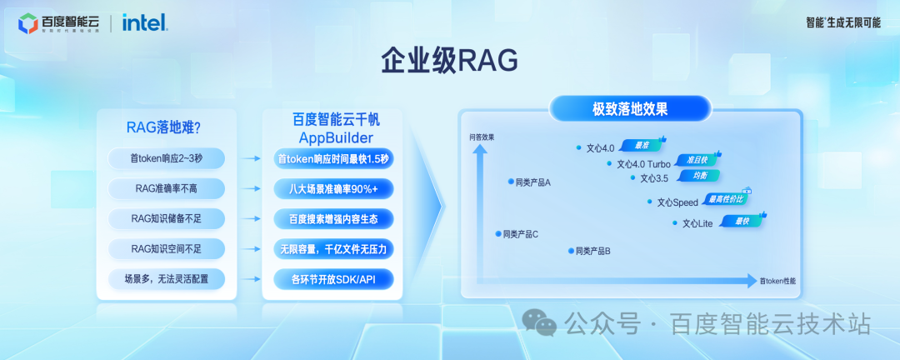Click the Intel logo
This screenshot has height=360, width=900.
(x=144, y=22)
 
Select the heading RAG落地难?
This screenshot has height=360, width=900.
(x=164, y=127)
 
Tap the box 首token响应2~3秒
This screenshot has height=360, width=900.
(x=166, y=157)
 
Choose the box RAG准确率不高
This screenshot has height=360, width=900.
(x=166, y=187)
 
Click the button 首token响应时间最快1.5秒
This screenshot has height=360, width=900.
(x=333, y=158)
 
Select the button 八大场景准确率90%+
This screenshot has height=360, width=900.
(x=333, y=188)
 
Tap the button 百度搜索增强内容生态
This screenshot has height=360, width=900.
(x=333, y=218)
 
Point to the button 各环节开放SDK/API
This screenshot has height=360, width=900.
(x=333, y=279)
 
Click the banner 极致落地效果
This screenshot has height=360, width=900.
(x=630, y=108)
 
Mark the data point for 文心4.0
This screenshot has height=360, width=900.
(x=579, y=148)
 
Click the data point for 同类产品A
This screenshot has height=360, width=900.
(x=509, y=181)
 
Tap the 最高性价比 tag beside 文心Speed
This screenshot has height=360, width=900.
(x=726, y=199)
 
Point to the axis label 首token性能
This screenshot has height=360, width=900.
(x=777, y=281)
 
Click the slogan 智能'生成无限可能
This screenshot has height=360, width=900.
(x=842, y=22)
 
